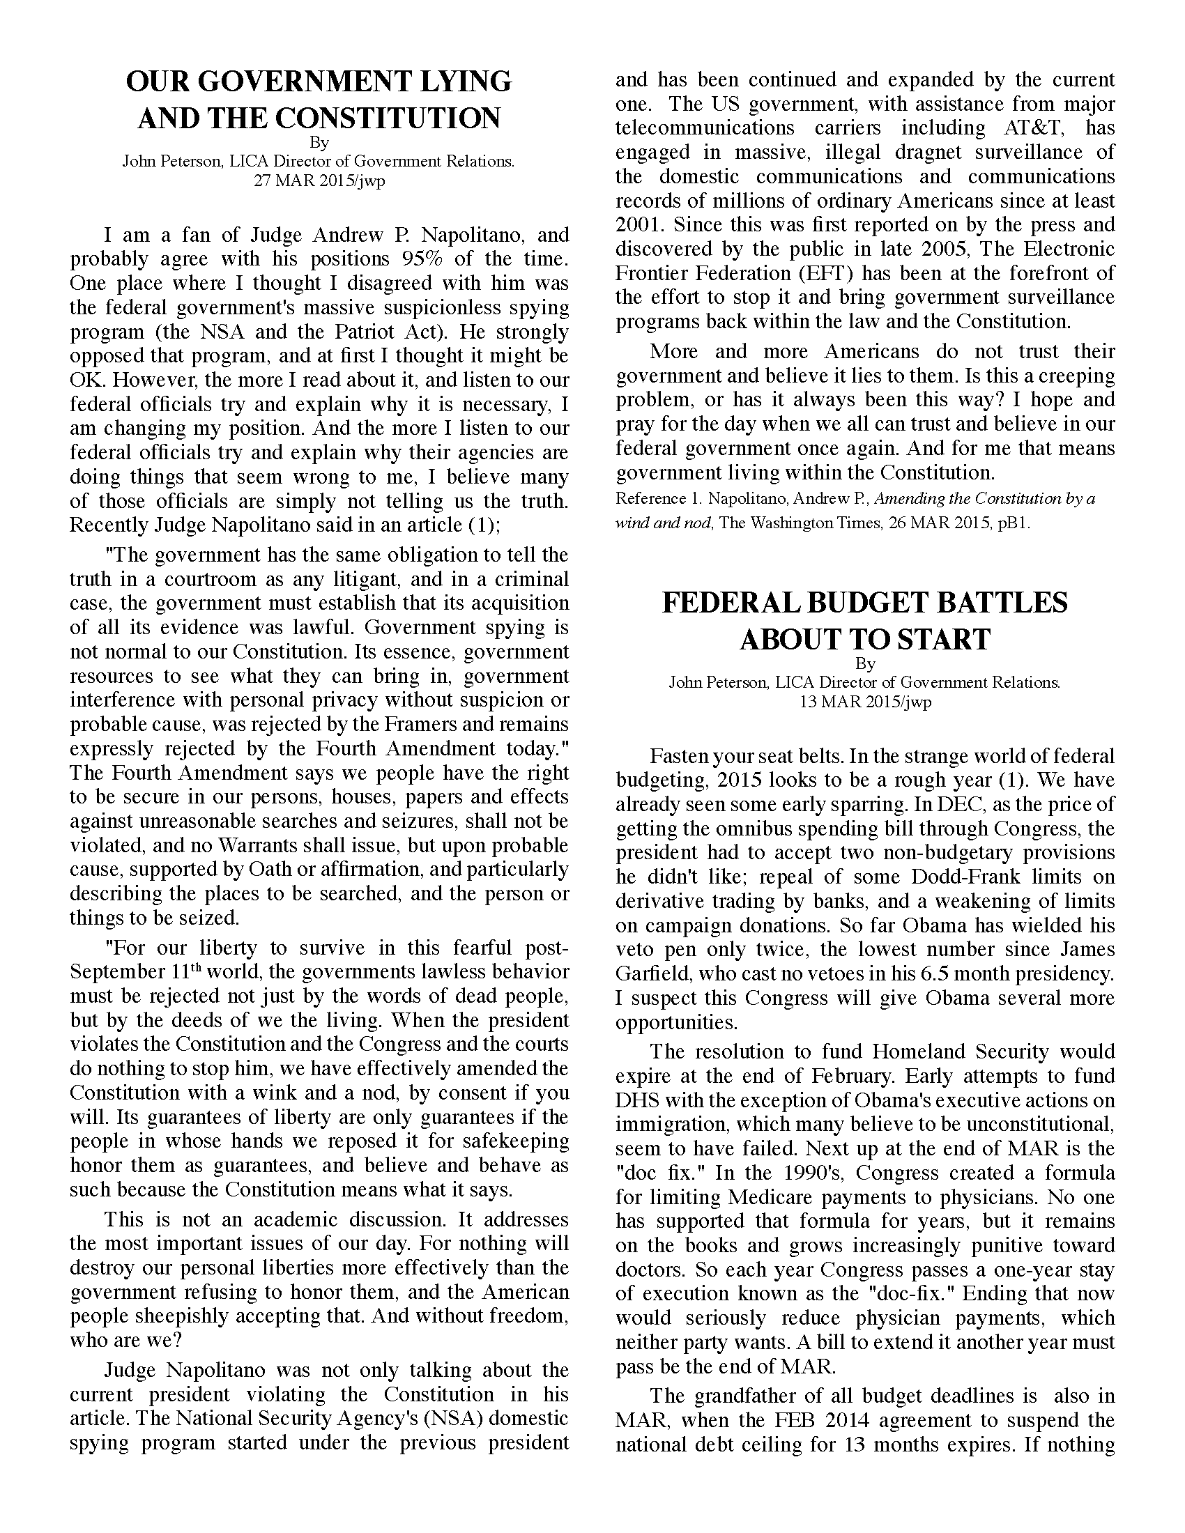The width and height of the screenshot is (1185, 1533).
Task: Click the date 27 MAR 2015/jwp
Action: point(319,180)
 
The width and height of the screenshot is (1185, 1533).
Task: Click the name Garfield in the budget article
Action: point(645,973)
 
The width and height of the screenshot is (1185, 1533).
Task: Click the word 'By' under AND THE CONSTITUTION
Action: point(319,142)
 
